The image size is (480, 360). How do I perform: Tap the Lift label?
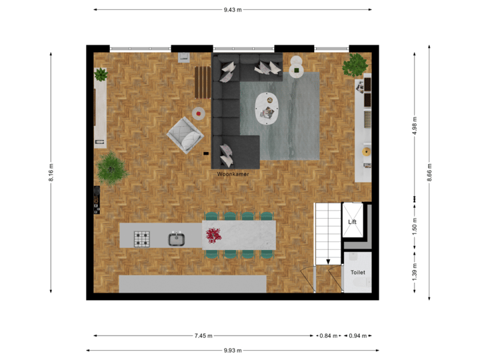(x=353, y=222)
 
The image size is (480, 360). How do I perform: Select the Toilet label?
(x=357, y=273)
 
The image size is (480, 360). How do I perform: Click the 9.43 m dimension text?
(x=233, y=9)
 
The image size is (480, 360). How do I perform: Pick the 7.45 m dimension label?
(x=204, y=335)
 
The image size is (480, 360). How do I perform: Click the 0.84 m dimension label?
(x=328, y=335)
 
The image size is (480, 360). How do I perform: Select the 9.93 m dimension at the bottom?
(x=233, y=350)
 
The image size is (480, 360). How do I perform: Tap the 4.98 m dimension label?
(x=415, y=125)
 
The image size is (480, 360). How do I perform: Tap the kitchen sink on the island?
(x=176, y=238)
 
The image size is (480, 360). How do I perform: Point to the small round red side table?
(x=199, y=113)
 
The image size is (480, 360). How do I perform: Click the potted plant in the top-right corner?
(x=355, y=65)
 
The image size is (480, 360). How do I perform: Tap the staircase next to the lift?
(x=327, y=233)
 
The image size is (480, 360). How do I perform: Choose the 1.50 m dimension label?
(x=415, y=226)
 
